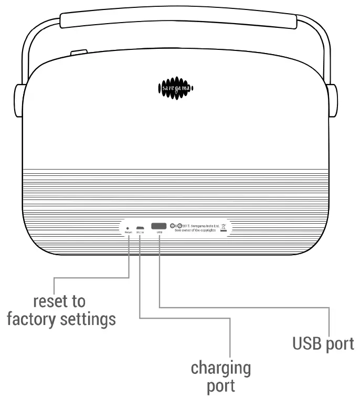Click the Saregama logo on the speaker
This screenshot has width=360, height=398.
[x=176, y=89]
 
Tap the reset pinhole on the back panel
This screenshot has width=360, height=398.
[x=128, y=228]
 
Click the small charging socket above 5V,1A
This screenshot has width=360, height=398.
[x=140, y=227]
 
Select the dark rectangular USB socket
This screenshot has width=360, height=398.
[x=159, y=226]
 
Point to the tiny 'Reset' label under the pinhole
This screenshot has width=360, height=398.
[x=128, y=232]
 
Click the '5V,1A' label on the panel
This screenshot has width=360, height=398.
[x=140, y=232]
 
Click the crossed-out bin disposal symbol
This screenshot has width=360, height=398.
[x=224, y=227]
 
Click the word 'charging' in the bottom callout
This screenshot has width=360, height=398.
[x=220, y=368]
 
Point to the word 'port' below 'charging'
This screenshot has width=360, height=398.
[x=220, y=386]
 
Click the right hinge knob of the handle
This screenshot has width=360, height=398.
[x=332, y=100]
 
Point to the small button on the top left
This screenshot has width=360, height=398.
[x=78, y=53]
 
